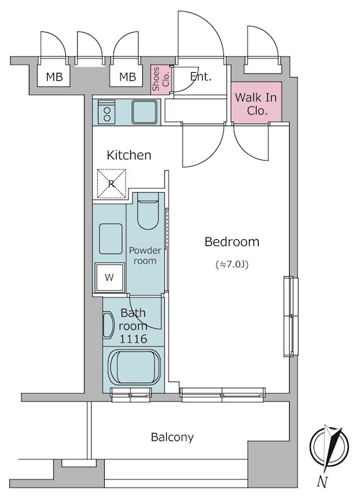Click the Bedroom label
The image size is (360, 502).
231,242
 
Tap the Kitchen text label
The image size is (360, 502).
129,155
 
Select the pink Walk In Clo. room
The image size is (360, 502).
257,102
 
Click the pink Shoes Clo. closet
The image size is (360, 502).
161,80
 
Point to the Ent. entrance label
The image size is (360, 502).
201,77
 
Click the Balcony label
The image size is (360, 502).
172,437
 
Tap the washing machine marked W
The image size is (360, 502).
109,277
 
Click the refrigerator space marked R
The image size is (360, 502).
111,184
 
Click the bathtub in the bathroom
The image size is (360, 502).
134,368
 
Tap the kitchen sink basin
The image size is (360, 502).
145,112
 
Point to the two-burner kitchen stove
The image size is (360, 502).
107,112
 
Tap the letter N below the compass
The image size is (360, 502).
322,481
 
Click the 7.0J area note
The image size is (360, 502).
232,265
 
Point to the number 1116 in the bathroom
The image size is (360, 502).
133,339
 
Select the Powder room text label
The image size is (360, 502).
145,255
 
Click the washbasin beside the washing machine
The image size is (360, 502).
110,239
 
